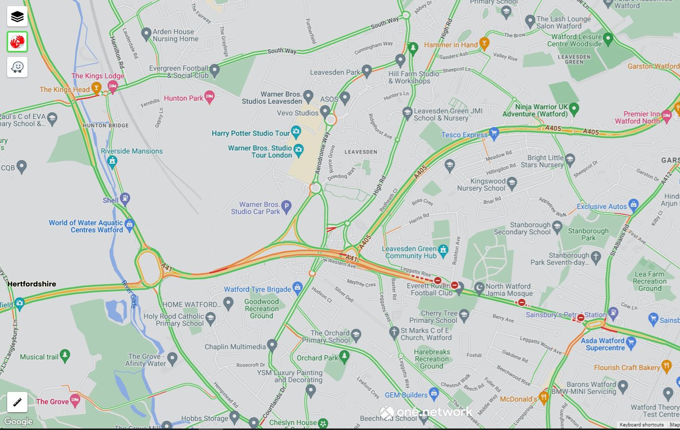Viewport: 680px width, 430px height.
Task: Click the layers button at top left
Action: point(17,17)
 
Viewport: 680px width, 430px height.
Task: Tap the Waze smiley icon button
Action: point(17,67)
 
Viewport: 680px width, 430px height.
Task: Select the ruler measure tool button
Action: point(17,402)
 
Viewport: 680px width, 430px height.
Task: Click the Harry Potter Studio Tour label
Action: point(250,133)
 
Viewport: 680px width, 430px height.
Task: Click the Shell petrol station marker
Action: point(125,199)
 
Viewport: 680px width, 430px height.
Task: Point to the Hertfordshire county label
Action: point(32,284)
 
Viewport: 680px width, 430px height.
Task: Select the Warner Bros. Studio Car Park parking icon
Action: point(286,206)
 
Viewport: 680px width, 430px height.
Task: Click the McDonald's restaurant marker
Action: point(544,398)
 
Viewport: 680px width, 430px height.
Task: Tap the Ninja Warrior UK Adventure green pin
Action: point(574,108)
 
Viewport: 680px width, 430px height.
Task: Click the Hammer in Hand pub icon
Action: point(484,44)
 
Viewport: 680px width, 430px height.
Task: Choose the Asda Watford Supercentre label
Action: point(605,344)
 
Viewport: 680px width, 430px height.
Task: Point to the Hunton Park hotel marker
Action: point(209,97)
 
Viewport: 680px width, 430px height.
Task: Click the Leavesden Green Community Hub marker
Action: point(443,250)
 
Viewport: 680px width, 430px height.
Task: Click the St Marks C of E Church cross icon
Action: point(393,333)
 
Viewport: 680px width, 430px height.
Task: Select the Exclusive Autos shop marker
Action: point(633,206)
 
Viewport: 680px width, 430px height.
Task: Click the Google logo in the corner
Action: point(18,421)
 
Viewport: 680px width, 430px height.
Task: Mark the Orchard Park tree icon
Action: point(345,357)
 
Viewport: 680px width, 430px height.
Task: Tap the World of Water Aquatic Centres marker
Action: point(129,224)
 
